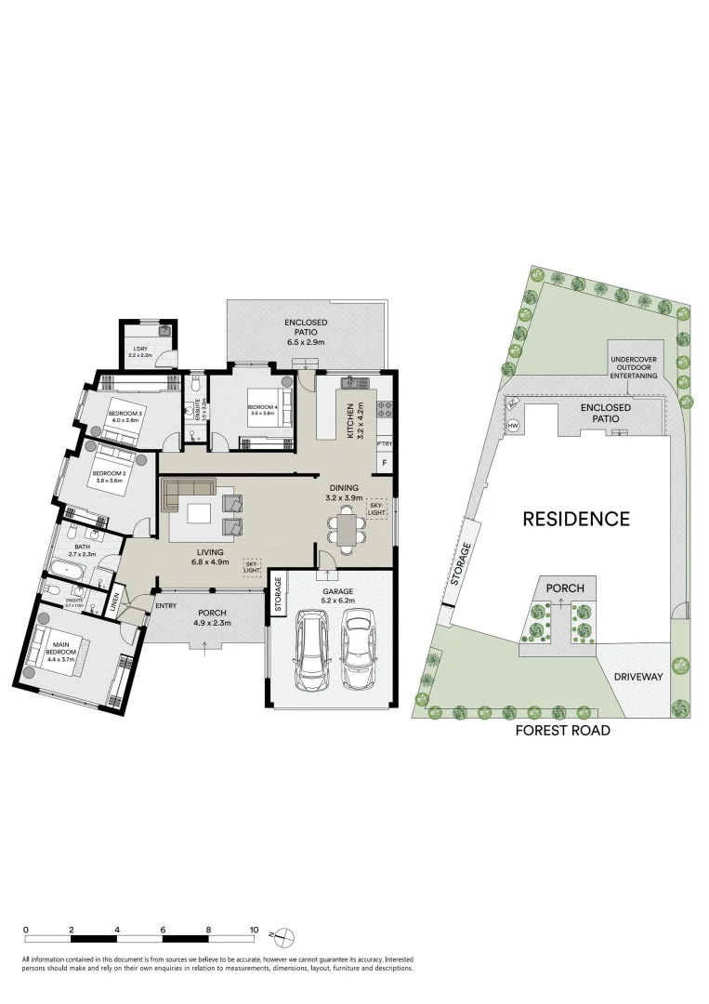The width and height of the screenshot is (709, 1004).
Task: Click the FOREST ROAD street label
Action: tap(563, 731)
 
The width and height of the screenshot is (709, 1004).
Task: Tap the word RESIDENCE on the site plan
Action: tap(576, 519)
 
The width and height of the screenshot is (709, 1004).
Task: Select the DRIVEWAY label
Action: tap(638, 677)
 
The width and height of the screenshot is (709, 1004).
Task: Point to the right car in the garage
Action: tap(358, 651)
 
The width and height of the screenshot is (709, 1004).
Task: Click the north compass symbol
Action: tap(287, 935)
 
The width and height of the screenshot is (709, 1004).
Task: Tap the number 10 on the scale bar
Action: tap(253, 930)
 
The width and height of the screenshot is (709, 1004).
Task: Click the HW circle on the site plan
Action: tap(513, 426)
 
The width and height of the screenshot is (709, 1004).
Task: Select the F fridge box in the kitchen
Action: tap(384, 463)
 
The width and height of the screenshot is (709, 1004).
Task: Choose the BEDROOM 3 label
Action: tap(125, 416)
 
